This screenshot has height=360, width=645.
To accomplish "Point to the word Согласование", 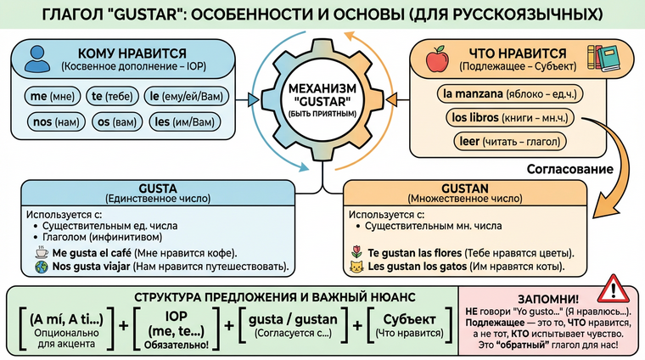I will click(x=571, y=169).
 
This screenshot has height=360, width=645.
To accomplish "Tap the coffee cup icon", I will click(x=38, y=253).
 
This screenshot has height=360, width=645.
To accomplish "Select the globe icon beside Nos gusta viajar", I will click(x=38, y=267).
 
